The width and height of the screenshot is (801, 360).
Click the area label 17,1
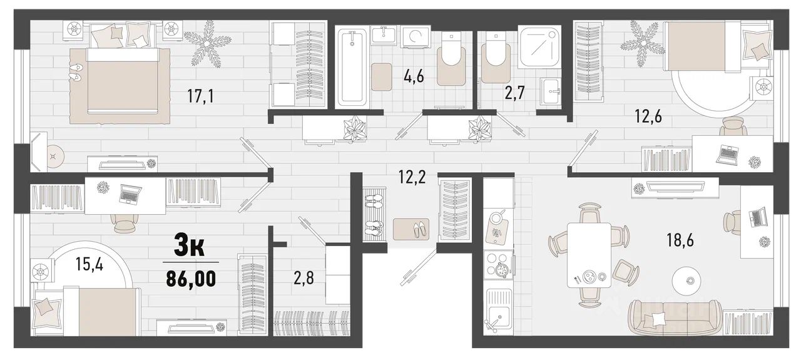pos(201,96)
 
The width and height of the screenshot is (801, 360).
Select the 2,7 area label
pos(514,93)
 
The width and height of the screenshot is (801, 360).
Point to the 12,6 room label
pos(648,116)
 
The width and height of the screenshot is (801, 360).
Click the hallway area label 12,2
pos(412,177)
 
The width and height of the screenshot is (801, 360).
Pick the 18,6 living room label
pos(680,240)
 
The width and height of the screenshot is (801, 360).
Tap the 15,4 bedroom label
pos(89,264)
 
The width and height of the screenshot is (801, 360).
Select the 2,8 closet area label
pos(304,278)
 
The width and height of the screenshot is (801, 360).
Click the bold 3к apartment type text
pos(189,245)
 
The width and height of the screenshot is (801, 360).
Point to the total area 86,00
pos(191,279)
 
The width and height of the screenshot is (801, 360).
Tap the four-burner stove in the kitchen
pos(499,265)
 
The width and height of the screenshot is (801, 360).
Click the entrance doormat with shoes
pos(411,229)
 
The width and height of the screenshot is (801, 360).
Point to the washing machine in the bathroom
pos(415,36)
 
